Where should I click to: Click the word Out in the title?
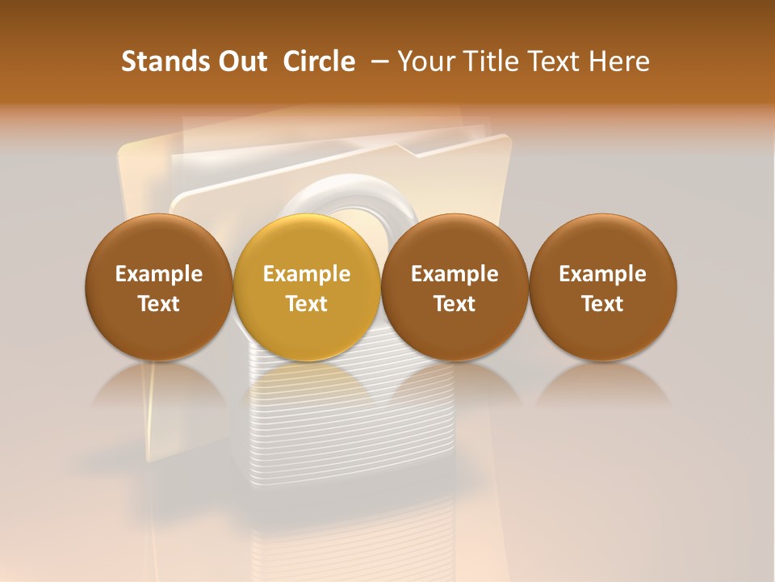tap(240, 61)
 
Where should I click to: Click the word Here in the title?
tap(618, 61)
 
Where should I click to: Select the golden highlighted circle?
tap(307, 287)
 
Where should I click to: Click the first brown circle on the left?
tap(159, 287)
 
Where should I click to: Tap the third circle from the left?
tap(455, 287)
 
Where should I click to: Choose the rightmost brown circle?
tap(603, 287)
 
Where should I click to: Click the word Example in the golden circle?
tap(307, 274)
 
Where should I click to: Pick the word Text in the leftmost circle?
tap(159, 304)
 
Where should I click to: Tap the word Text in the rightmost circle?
tap(603, 304)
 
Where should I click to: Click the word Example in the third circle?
tap(455, 274)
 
